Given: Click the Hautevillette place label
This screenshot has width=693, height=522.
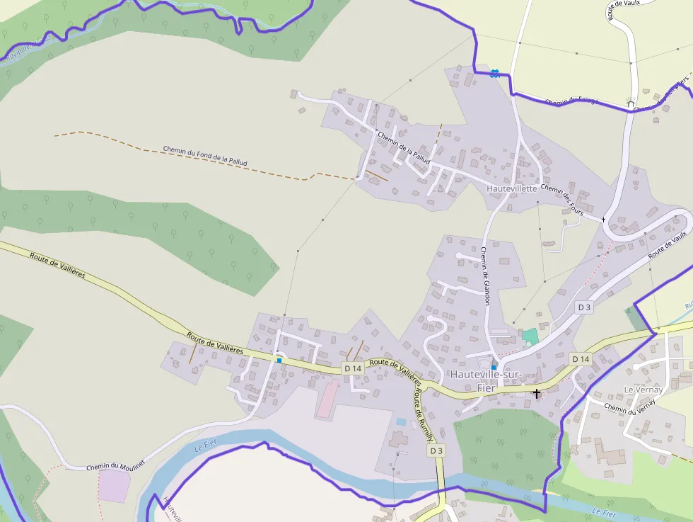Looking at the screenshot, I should (512, 189).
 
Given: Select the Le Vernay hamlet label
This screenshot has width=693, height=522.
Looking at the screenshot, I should (643, 390).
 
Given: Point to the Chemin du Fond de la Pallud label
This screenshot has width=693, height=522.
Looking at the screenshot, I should (205, 156).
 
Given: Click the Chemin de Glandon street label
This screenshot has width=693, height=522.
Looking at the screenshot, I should (485, 276).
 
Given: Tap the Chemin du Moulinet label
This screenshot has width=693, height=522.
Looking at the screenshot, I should (115, 465).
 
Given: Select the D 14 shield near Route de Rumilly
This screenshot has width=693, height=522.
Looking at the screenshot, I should (353, 368).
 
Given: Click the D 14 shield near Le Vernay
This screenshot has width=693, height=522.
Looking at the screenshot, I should (581, 359).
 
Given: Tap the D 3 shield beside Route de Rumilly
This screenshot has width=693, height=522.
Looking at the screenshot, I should (436, 450).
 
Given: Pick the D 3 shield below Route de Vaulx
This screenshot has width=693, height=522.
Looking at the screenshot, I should (583, 307).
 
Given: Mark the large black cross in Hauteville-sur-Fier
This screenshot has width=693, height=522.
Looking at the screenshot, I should (537, 392).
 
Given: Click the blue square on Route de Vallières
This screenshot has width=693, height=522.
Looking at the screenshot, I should (279, 361).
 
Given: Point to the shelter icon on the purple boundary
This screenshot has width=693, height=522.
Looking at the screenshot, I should (631, 103).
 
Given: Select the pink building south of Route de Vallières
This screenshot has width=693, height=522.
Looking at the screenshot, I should (327, 399).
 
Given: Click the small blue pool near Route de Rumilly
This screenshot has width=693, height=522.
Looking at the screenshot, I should (402, 422).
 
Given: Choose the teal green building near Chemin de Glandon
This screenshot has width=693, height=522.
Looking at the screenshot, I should (530, 335).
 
